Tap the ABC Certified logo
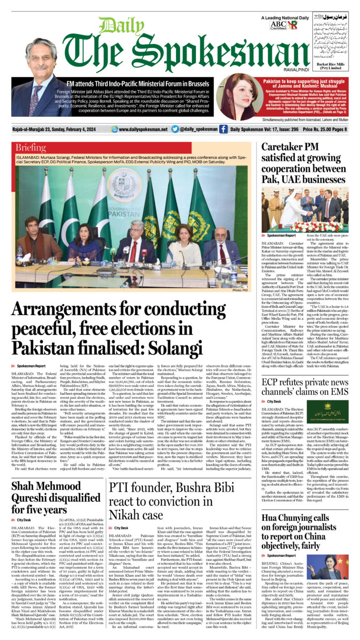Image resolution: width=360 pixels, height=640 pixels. pyautogui.click(x=278, y=24)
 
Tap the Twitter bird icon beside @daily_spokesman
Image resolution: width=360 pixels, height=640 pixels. pyautogui.click(x=175, y=129)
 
